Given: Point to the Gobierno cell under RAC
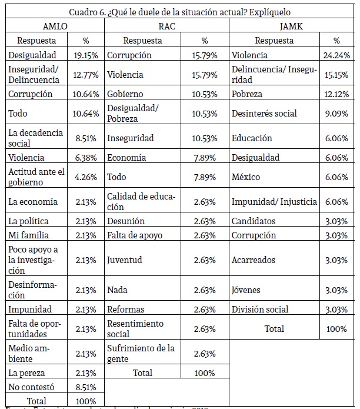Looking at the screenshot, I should (x=125, y=94).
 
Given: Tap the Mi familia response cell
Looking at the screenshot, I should (x=28, y=235).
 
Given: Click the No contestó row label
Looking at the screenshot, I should (x=31, y=388).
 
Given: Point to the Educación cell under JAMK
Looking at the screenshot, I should (x=252, y=138).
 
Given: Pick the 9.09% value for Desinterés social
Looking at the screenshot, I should (x=337, y=114).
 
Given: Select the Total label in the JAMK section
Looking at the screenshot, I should (x=274, y=328).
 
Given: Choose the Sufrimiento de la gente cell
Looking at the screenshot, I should (x=141, y=354).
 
